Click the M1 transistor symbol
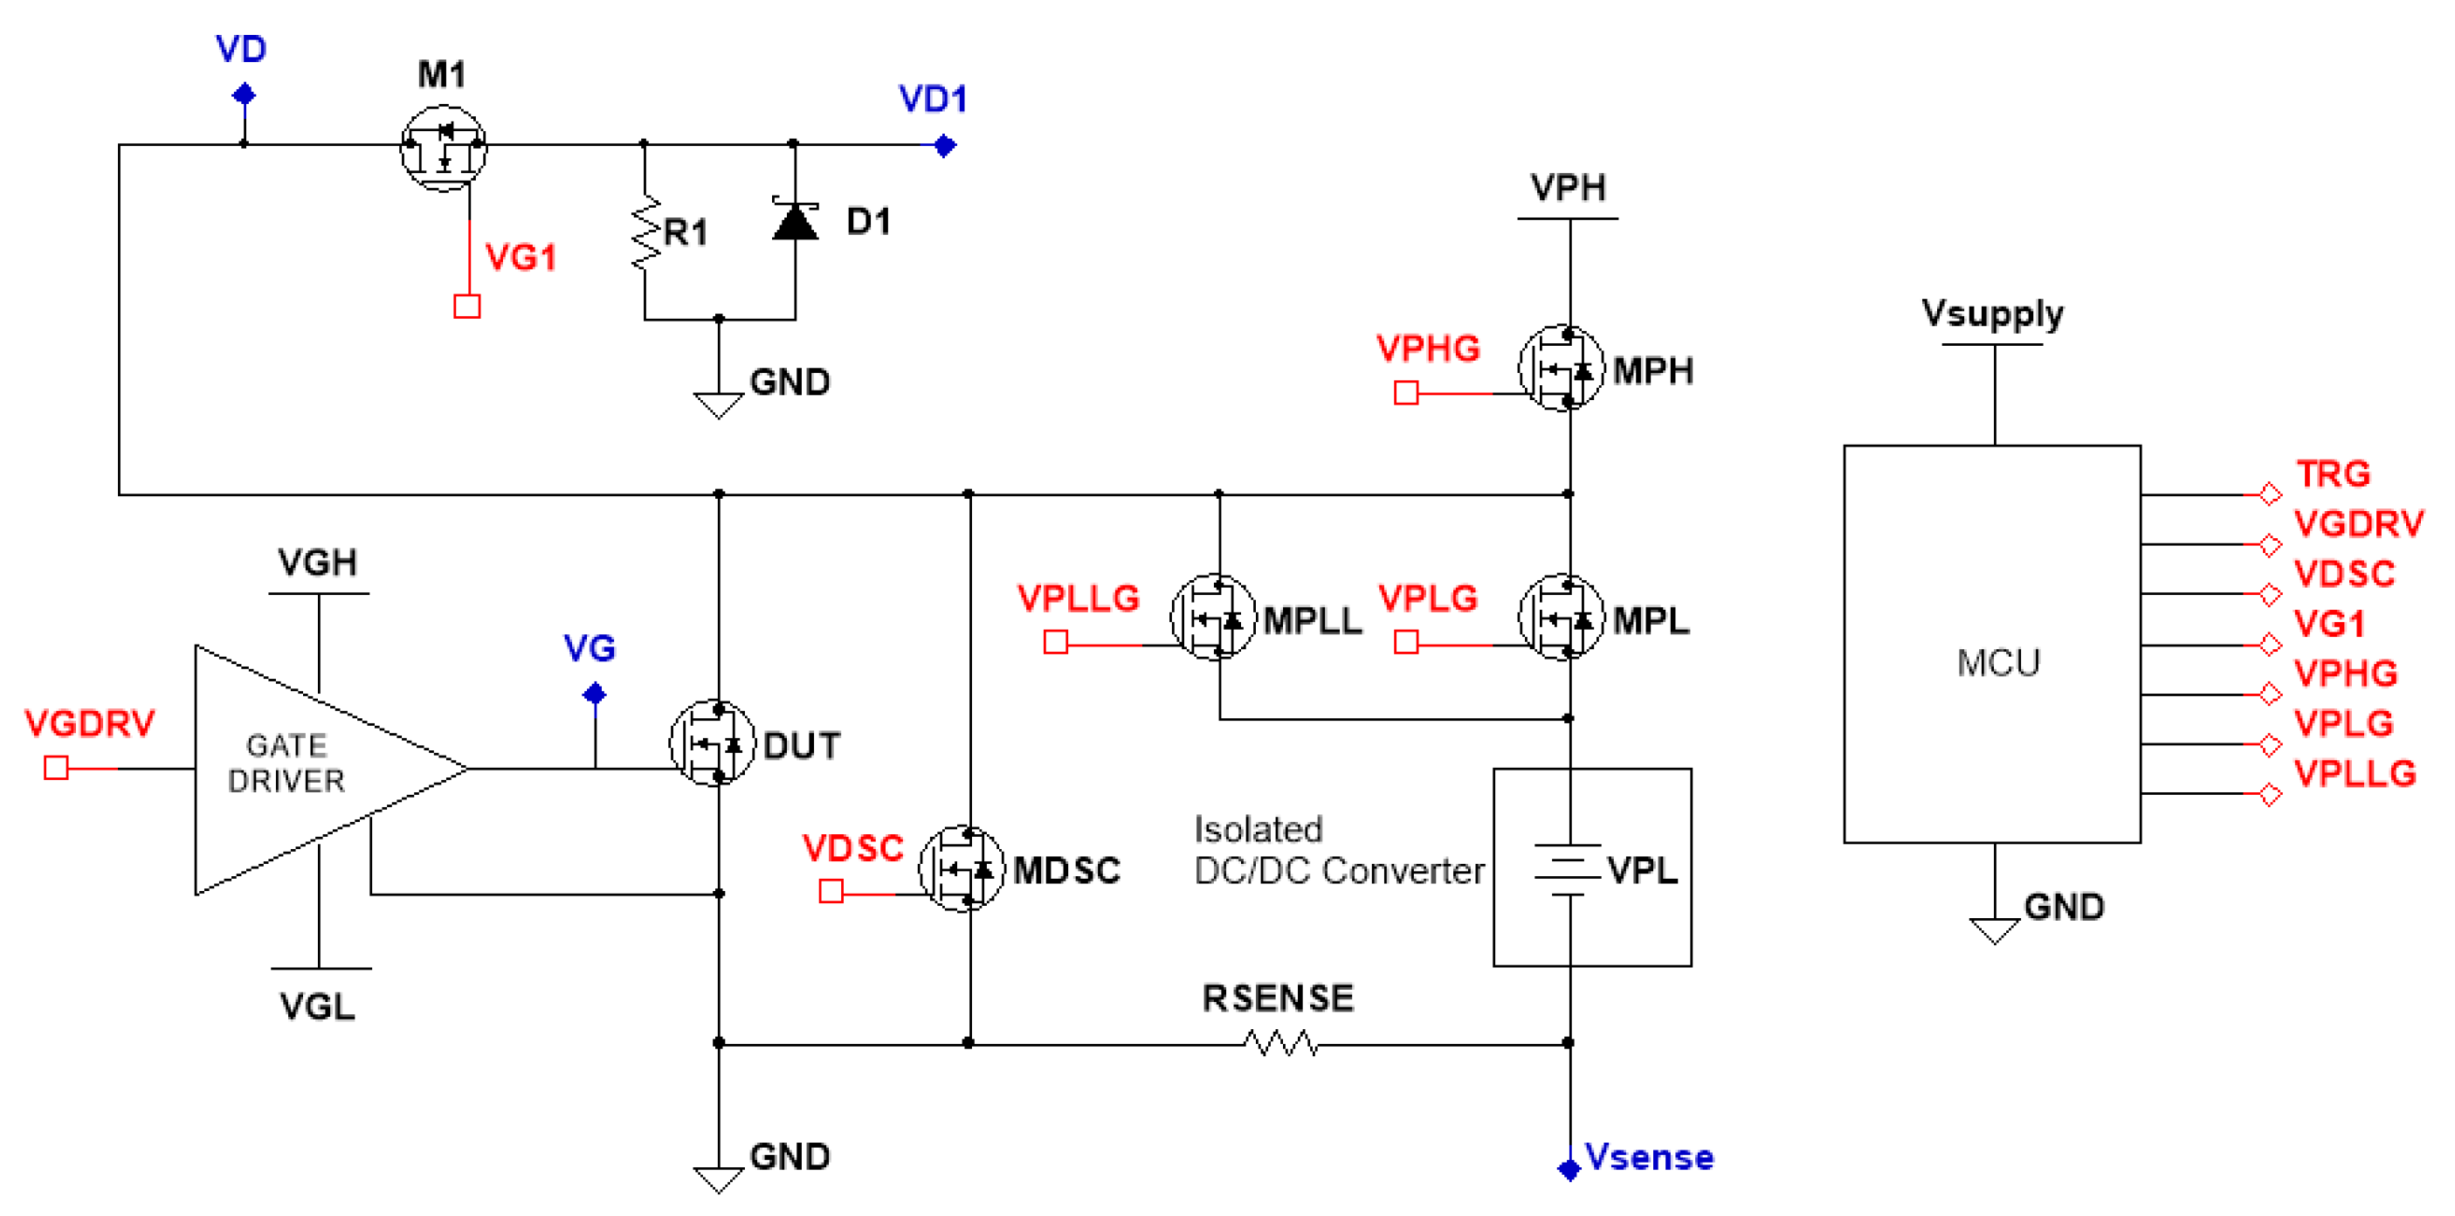pyautogui.click(x=443, y=148)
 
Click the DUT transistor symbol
pyautogui.click(x=713, y=743)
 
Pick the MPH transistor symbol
pyautogui.click(x=1561, y=369)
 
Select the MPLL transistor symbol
pyautogui.click(x=1213, y=618)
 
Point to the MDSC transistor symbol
pyautogui.click(x=962, y=868)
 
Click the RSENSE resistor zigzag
pyautogui.click(x=1282, y=1044)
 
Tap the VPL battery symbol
pyautogui.click(x=1568, y=869)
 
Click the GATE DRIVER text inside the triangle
pyautogui.click(x=286, y=763)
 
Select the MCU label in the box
pyautogui.click(x=1997, y=662)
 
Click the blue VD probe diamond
pyautogui.click(x=244, y=94)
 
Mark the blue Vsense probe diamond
pyautogui.click(x=1569, y=1170)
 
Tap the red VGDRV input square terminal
pyautogui.click(x=56, y=767)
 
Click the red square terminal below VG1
pyautogui.click(x=467, y=306)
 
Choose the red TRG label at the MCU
pyautogui.click(x=2332, y=473)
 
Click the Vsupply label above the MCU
pyautogui.click(x=1992, y=313)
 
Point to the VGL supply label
pyautogui.click(x=317, y=1006)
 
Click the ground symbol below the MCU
pyautogui.click(x=1994, y=930)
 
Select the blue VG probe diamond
pyautogui.click(x=595, y=694)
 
